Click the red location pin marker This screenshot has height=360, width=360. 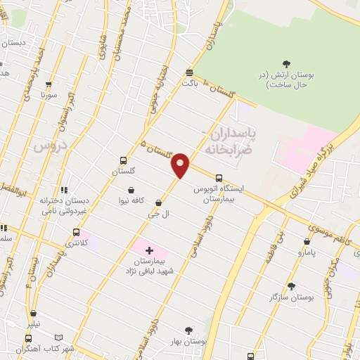click(x=181, y=165)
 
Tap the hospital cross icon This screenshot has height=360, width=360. click(x=149, y=250)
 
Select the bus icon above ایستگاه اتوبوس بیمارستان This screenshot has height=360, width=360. click(x=219, y=178)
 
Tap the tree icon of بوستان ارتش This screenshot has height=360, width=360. click(x=286, y=64)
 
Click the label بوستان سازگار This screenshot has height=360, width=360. click(x=290, y=297)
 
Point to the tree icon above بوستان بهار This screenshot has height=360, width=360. click(x=188, y=330)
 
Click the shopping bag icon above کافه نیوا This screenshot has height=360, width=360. click(x=131, y=189)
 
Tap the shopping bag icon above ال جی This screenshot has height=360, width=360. click(x=158, y=202)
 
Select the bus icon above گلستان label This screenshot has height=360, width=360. click(x=124, y=160)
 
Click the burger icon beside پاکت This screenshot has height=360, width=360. click(x=189, y=72)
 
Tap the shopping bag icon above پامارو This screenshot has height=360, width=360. click(x=307, y=241)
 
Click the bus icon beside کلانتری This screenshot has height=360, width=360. click(x=76, y=232)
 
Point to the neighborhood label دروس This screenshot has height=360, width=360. click(x=49, y=146)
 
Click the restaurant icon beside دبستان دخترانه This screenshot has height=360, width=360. click(x=64, y=190)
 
